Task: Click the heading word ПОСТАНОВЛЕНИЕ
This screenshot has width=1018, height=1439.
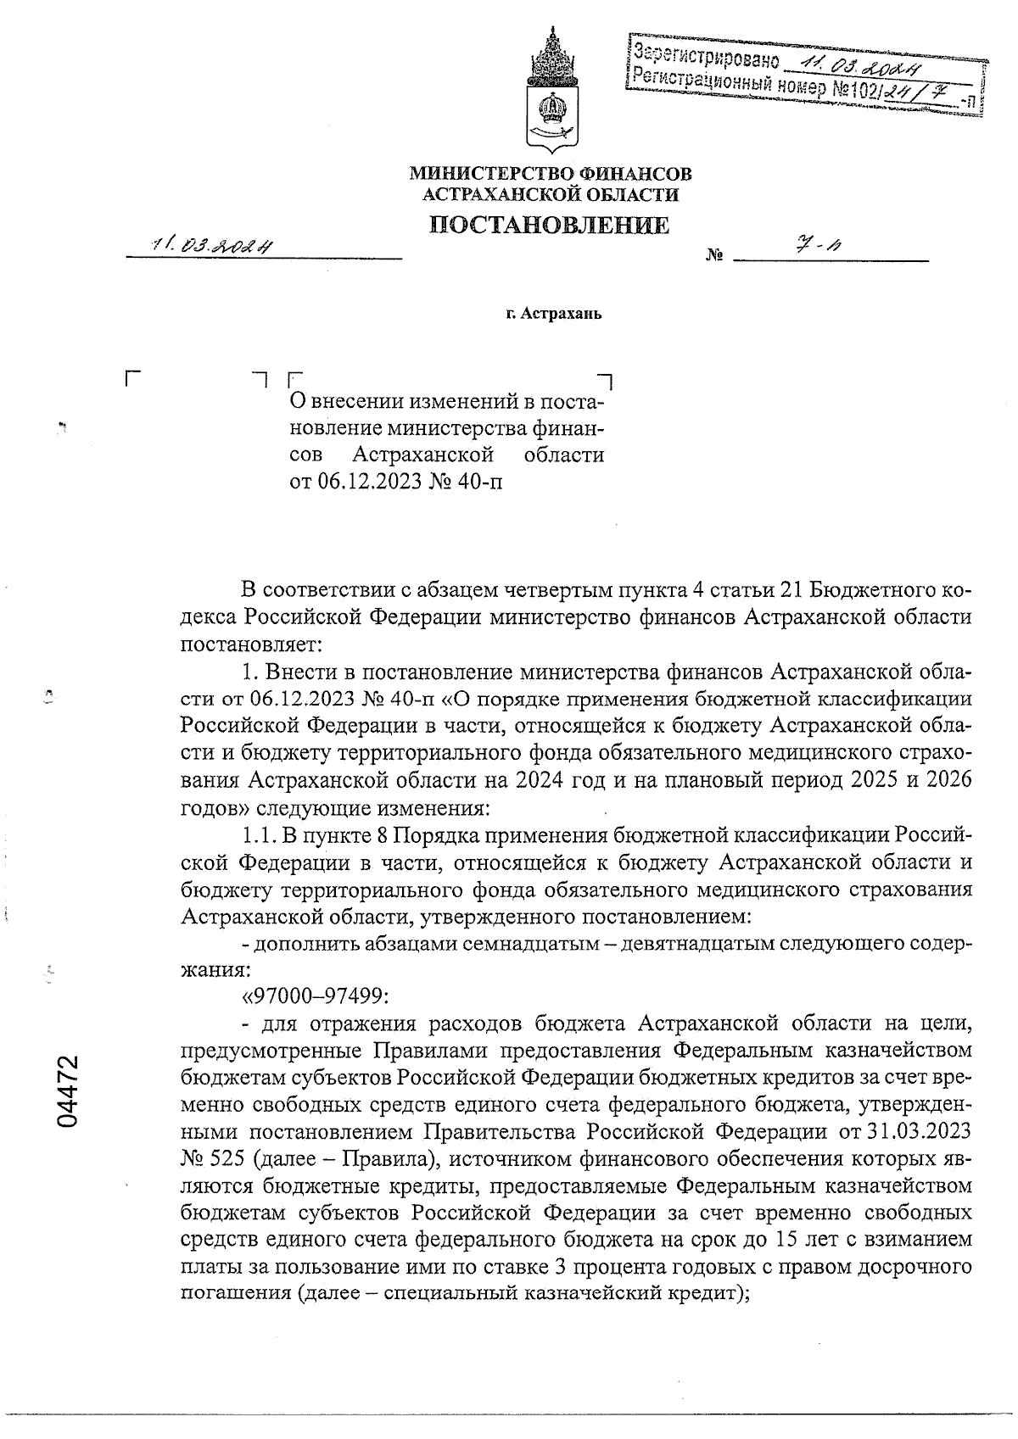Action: pos(549,226)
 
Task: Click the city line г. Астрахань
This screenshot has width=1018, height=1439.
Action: pos(552,315)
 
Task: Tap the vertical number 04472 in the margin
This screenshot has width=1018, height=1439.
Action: pos(67,1091)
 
